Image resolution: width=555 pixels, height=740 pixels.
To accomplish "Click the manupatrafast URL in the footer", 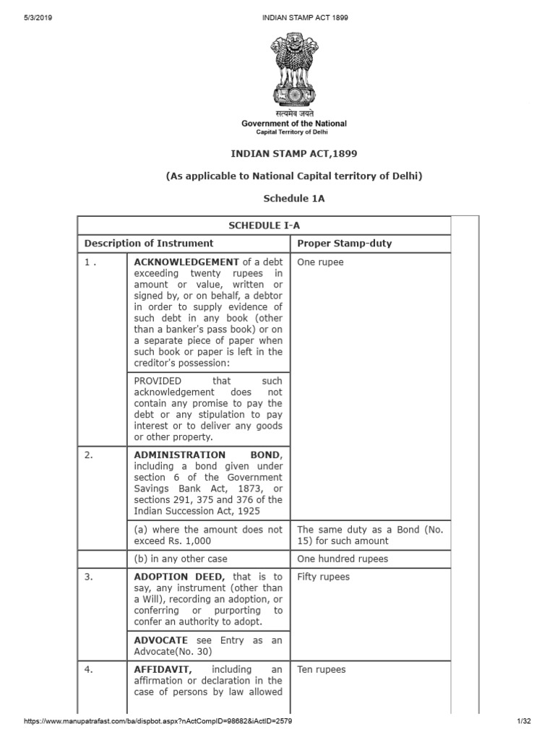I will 158,721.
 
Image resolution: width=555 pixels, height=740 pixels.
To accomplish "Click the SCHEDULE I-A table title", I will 264,225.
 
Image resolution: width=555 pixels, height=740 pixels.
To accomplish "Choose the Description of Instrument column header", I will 149,244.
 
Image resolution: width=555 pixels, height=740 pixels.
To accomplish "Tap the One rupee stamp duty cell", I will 320,262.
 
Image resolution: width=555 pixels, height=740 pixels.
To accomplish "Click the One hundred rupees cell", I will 343,559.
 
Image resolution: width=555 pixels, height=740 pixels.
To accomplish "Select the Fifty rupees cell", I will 323,577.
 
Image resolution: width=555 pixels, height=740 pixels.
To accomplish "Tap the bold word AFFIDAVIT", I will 163,669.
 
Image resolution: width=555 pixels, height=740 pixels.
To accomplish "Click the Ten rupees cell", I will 322,669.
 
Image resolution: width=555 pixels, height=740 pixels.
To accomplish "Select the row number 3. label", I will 89,577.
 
